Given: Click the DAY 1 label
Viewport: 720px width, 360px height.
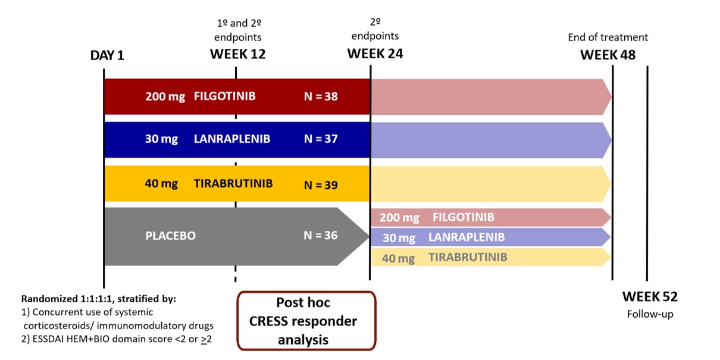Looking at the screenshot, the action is coord(107,55).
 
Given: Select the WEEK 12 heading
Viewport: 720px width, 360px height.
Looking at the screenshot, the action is coord(238,54).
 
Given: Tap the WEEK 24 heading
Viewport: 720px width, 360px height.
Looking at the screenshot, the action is coord(375,54).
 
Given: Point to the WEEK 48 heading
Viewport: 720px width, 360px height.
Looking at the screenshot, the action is coord(608,55).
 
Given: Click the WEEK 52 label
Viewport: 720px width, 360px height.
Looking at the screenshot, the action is coord(650,297).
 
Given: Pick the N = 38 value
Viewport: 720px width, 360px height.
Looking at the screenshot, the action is coord(321,96).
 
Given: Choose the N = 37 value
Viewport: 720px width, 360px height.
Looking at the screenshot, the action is coord(321,139).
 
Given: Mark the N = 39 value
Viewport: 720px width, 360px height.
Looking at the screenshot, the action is coord(321,185).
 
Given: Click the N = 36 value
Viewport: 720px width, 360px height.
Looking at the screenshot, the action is coord(321,235).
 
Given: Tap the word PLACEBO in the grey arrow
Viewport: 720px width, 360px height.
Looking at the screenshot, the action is coord(170,236).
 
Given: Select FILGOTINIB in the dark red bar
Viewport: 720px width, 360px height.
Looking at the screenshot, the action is coord(225,96).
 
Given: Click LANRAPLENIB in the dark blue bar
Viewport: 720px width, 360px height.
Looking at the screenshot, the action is coord(232,139).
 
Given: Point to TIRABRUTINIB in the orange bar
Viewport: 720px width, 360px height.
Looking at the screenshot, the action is coord(233,183).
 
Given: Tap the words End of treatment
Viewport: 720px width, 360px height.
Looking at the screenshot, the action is coord(608,37).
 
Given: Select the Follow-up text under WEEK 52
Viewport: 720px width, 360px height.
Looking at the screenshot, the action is coord(650,314).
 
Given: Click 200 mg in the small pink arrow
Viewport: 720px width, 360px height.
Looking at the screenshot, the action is coord(399,218).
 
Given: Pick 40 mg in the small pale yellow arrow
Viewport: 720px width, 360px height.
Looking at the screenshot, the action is coord(398,258).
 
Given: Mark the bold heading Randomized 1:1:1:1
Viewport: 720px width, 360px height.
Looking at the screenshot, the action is coord(67,299).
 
